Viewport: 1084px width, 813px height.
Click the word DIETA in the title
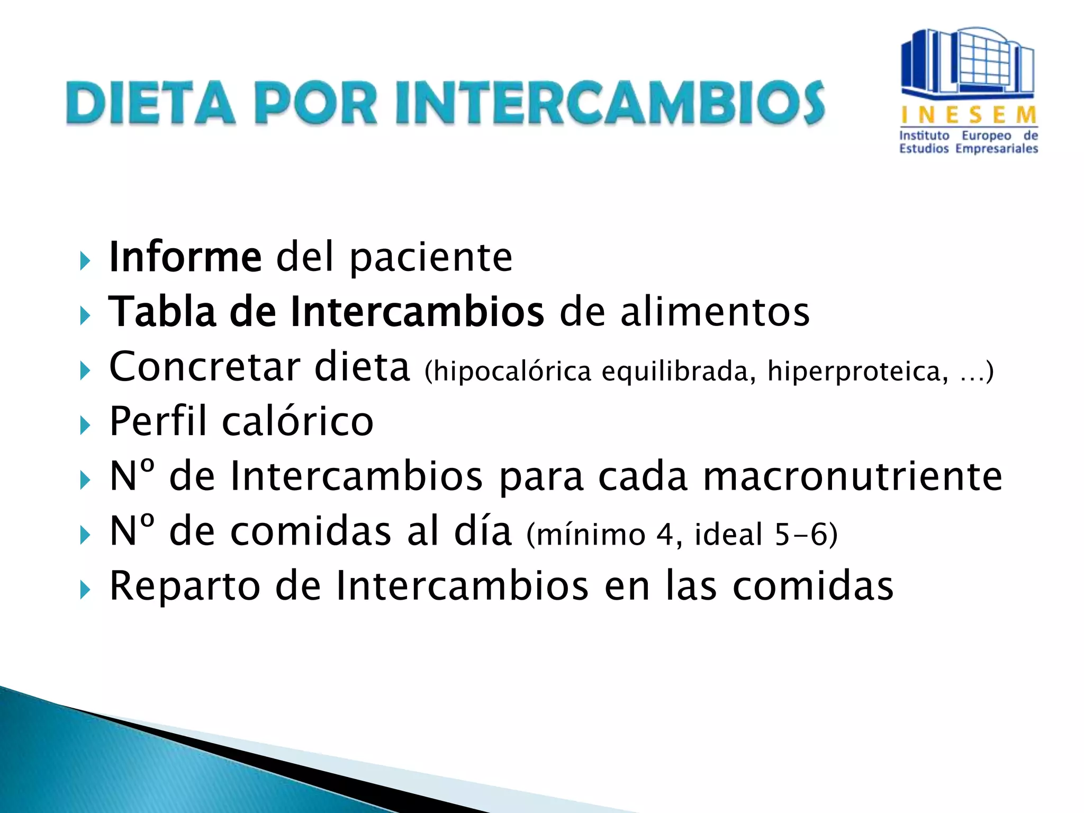click(150, 103)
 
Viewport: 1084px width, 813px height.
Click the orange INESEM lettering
click(969, 114)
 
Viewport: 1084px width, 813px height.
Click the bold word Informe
click(185, 257)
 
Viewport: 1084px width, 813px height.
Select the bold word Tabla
click(162, 312)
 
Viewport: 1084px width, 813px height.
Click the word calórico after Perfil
click(297, 421)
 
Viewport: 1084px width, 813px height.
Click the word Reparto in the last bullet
click(185, 586)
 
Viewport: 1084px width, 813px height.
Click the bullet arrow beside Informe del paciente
click(85, 261)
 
